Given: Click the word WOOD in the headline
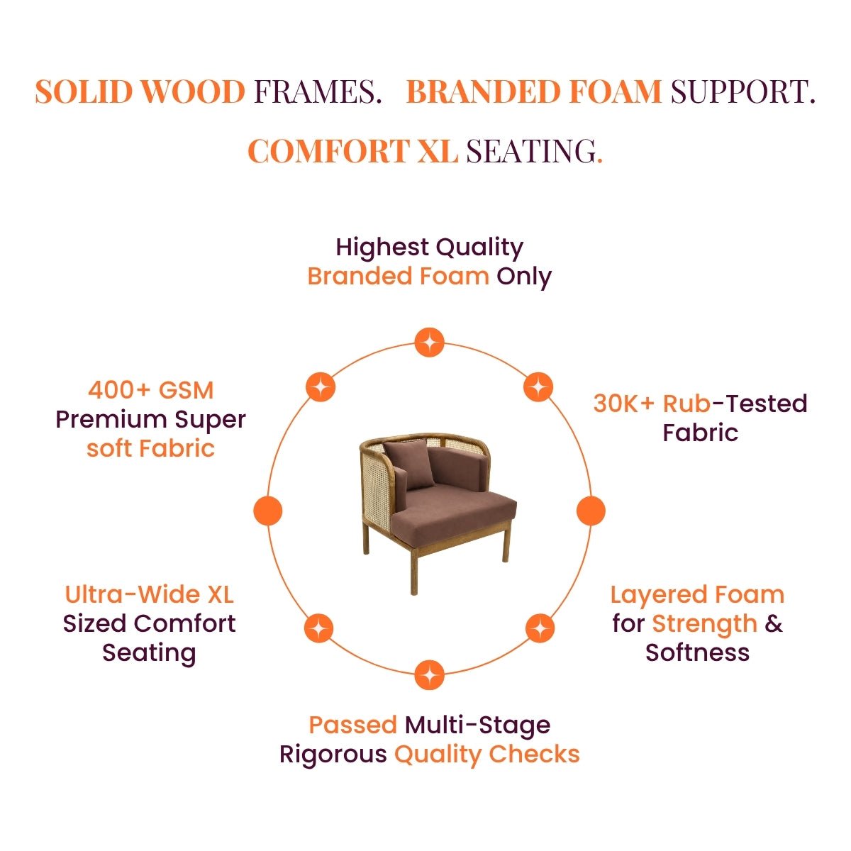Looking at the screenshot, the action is [x=192, y=92].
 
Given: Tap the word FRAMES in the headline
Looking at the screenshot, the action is [x=317, y=92].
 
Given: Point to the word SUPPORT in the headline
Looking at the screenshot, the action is [x=742, y=92].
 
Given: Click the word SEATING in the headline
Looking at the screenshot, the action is [x=534, y=151].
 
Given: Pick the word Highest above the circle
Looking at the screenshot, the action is [x=382, y=247].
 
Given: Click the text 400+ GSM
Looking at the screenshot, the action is [x=150, y=390].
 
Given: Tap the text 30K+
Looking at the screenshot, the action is [x=623, y=404].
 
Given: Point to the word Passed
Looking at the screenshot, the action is [x=353, y=725].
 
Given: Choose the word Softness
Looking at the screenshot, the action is [x=697, y=652].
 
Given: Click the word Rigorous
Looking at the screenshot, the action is [x=333, y=755].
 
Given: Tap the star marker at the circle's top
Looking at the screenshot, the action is [x=429, y=343].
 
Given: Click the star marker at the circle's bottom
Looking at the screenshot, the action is [x=429, y=675].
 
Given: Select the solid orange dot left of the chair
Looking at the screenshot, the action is [x=267, y=511].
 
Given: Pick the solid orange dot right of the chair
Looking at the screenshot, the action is [x=591, y=511].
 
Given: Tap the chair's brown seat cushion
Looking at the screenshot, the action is [x=455, y=512].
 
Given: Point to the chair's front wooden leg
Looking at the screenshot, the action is [x=413, y=571].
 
